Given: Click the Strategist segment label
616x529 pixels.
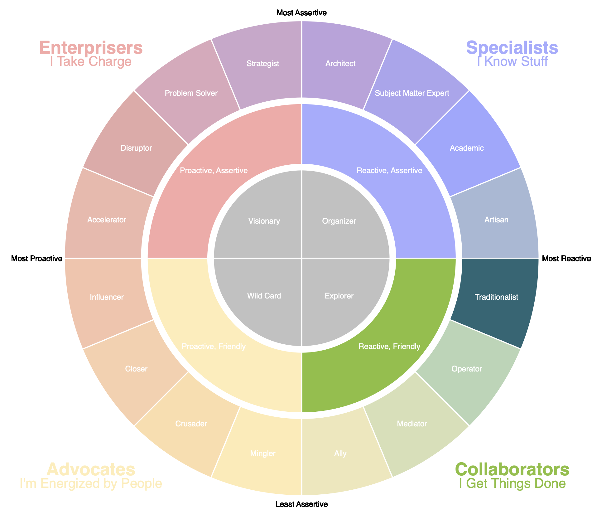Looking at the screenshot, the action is tap(262, 64).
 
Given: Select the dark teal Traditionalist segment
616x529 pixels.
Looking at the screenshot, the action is tap(496, 297).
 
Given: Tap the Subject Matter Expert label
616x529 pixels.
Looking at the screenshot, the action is tap(412, 93).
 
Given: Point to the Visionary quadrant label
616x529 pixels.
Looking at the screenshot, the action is tap(264, 221).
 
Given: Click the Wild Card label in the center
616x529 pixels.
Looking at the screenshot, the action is tap(264, 296).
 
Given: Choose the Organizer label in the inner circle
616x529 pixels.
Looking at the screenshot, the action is tap(339, 221).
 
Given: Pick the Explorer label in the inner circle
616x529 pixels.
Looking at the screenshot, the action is tap(339, 296).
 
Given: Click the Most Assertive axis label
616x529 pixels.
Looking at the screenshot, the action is tap(301, 13).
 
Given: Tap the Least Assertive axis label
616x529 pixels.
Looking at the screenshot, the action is tap(301, 504).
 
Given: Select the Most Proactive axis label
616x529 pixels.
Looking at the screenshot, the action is tap(36, 259).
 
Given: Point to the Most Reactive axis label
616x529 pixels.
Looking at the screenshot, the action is tap(566, 259).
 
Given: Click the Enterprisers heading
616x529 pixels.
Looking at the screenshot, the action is tap(91, 48).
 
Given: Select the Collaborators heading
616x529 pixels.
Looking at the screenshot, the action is tap(512, 469).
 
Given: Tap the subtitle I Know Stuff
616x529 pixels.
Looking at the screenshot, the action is tap(512, 62).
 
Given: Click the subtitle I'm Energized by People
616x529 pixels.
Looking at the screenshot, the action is tap(91, 483).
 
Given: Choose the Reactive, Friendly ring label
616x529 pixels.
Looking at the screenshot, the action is tap(389, 346).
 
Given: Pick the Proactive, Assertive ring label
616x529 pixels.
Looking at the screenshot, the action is tap(214, 171).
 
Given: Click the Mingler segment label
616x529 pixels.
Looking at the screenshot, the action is tap(262, 454).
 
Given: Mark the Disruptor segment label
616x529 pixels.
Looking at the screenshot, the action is tap(136, 148).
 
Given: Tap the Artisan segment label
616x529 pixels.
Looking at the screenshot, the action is tap(496, 220).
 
